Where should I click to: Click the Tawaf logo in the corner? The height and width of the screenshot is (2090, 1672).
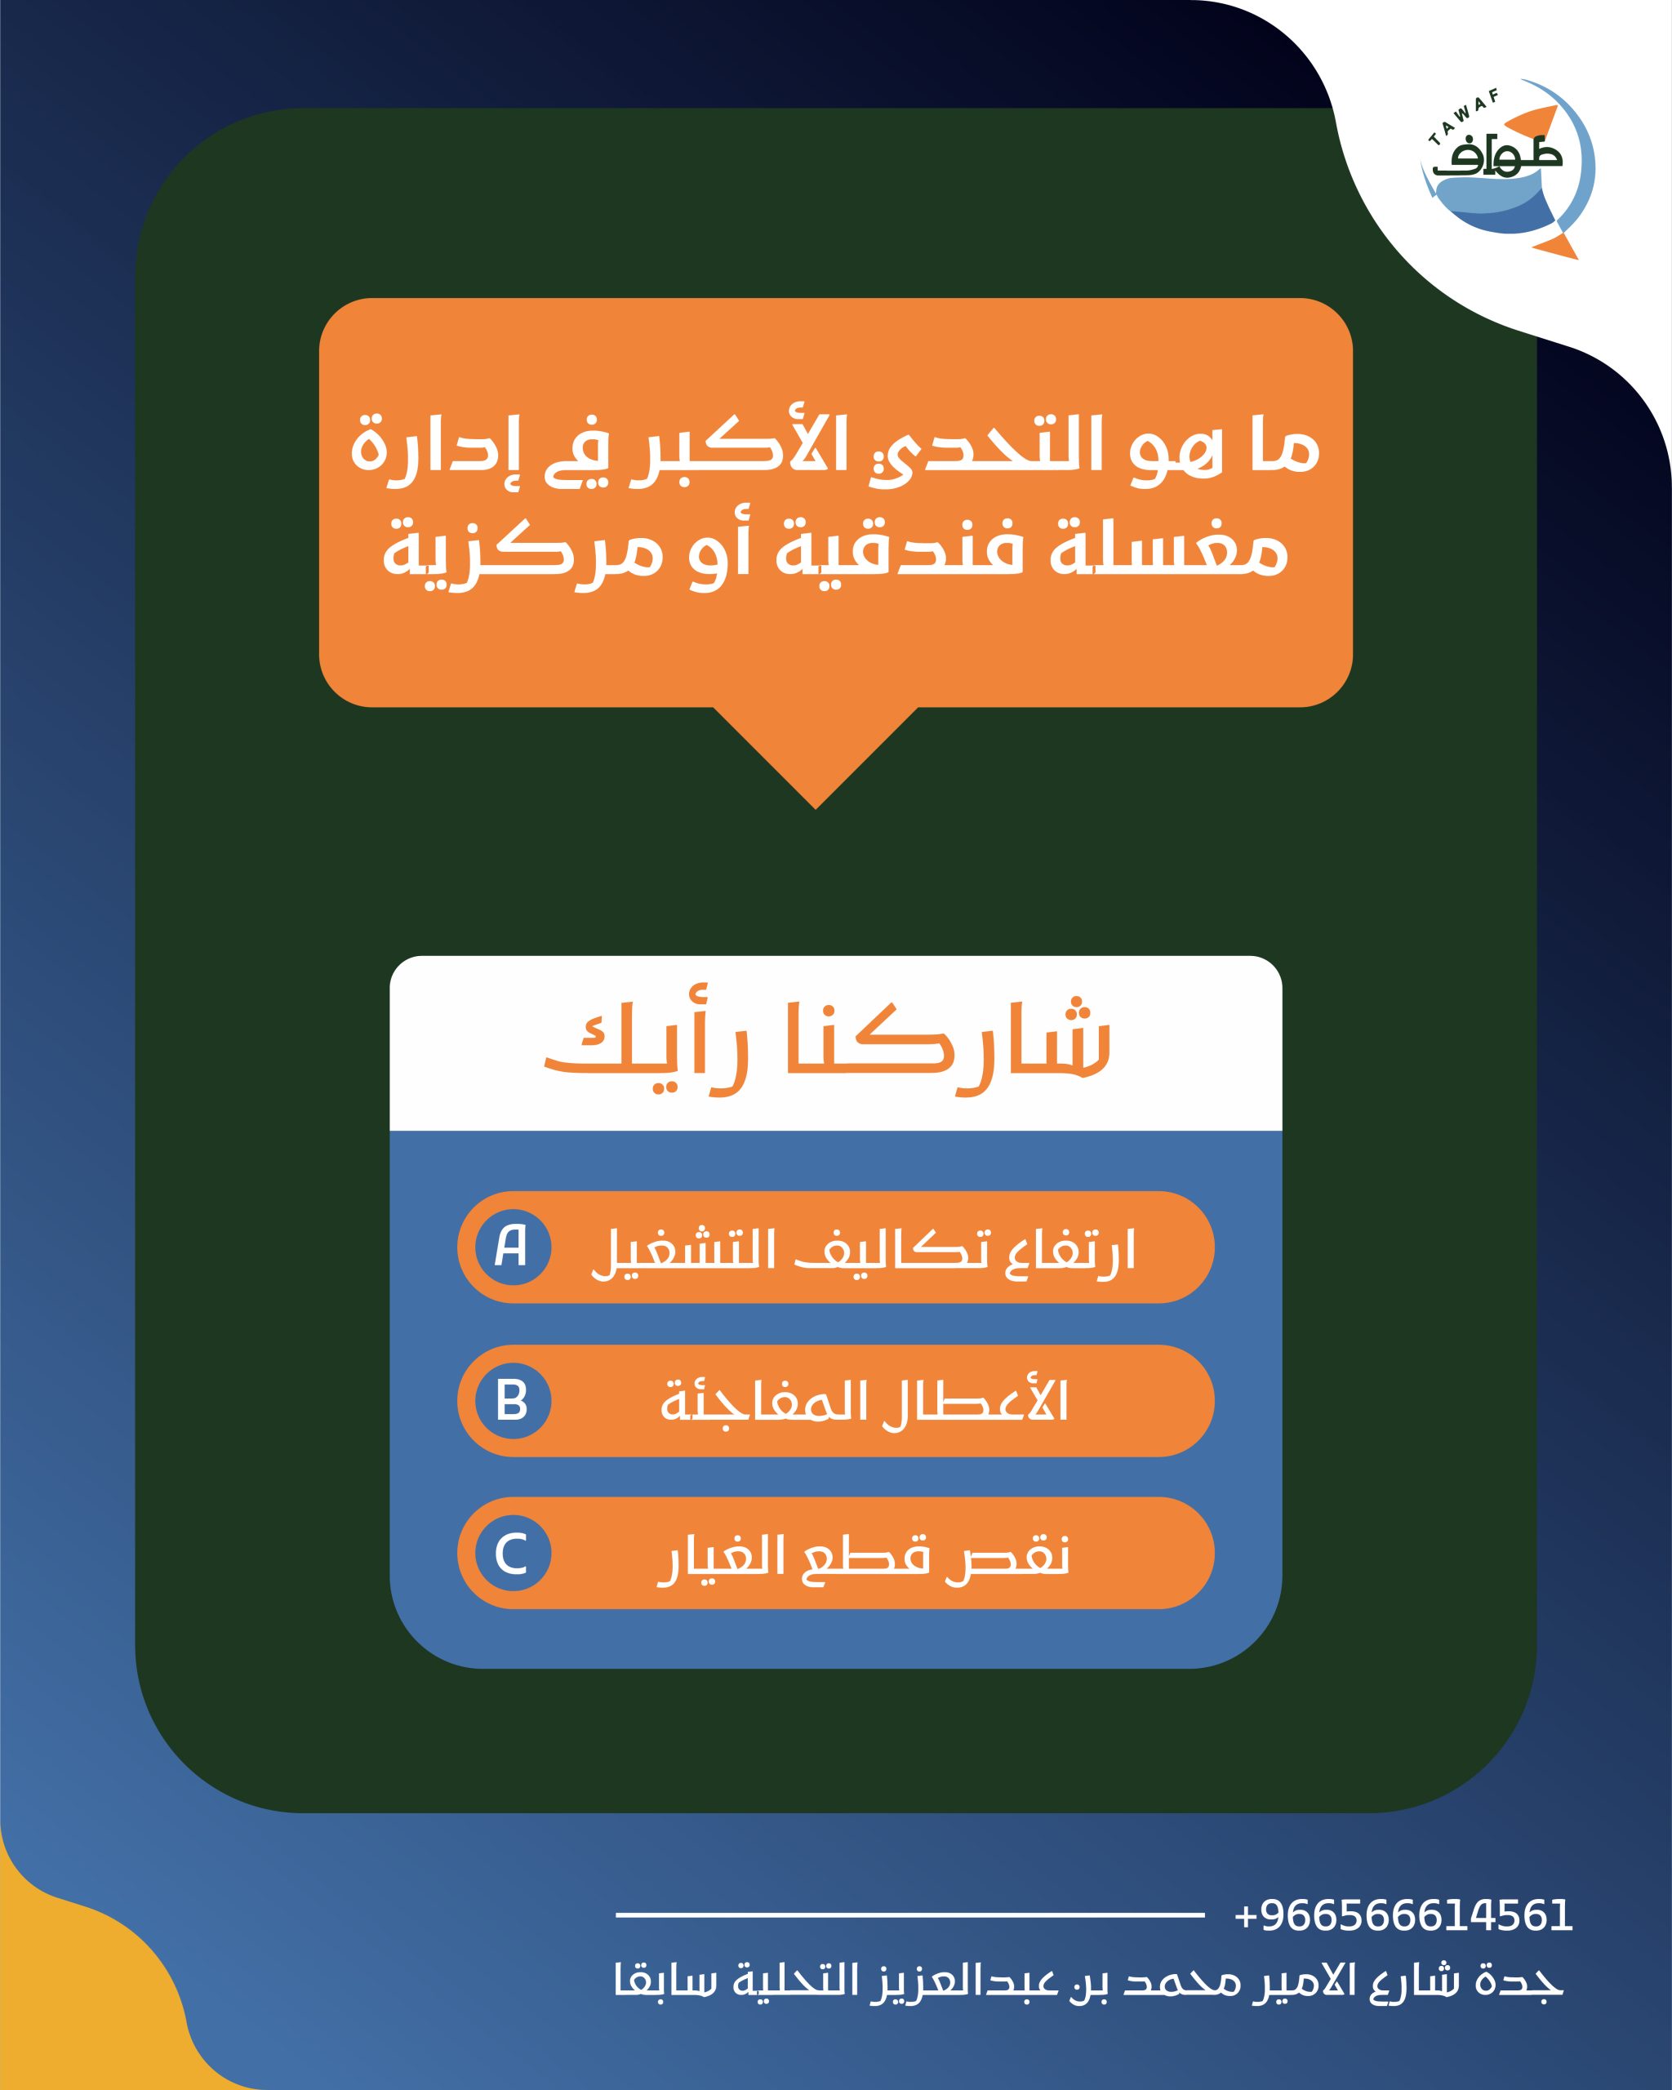tap(1506, 170)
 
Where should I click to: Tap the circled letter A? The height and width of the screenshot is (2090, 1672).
tap(513, 1247)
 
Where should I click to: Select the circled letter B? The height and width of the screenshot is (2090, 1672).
tap(513, 1401)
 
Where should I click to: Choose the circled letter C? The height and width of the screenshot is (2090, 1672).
tap(513, 1553)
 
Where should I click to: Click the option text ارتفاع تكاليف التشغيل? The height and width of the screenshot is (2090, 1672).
tap(863, 1252)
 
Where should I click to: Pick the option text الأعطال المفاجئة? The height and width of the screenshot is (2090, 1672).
tap(864, 1401)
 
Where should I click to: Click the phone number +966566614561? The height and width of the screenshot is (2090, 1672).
tap(1403, 1915)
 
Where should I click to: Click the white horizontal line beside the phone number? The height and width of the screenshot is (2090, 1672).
tap(910, 1914)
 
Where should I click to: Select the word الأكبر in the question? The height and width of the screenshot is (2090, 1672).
tap(746, 450)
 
